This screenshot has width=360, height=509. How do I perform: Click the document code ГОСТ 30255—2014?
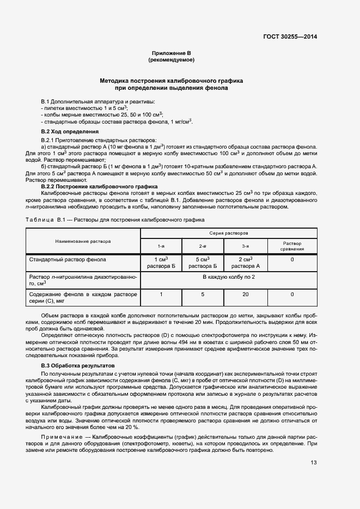pos(290,36)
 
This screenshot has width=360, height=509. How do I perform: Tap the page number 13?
pos(314,463)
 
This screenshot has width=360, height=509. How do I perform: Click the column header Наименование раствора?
pos(83,240)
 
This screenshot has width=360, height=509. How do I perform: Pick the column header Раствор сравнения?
pos(292,246)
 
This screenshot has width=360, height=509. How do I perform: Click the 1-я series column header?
pos(161,246)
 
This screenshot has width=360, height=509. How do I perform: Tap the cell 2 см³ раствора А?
pos(246,263)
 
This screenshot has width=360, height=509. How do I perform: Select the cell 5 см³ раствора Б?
pos(203,263)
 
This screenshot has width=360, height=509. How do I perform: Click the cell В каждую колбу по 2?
pos(229,277)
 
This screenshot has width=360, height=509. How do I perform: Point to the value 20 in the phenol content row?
pos(246,295)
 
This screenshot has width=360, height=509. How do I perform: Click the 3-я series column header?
pos(246,246)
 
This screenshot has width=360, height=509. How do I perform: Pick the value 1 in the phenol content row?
pos(161,295)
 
